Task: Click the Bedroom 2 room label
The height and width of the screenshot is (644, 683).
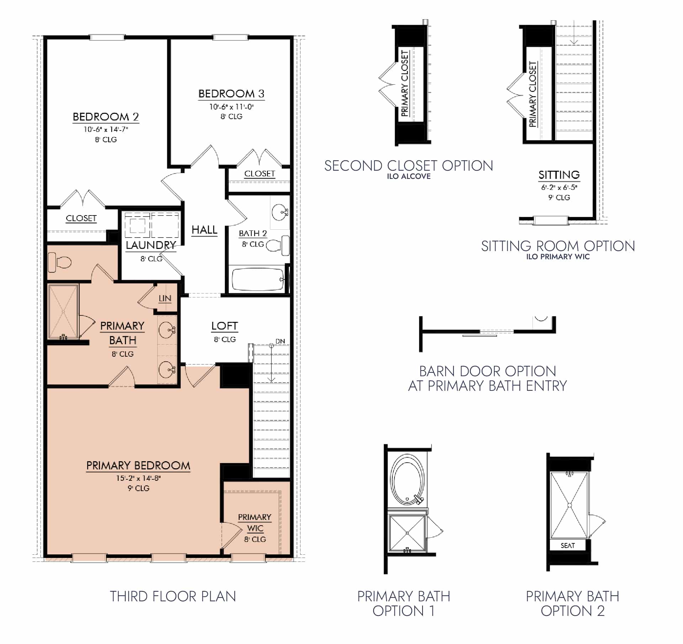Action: [x=106, y=117]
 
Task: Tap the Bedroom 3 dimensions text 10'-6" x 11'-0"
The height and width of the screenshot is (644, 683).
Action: [x=231, y=107]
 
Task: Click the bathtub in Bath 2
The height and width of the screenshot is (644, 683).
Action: [x=258, y=279]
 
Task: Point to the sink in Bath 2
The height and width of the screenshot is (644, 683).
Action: [x=279, y=213]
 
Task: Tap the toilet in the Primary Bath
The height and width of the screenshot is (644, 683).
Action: [x=60, y=262]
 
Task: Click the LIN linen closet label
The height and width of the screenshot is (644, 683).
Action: [x=165, y=298]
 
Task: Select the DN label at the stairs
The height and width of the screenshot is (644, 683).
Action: [x=280, y=341]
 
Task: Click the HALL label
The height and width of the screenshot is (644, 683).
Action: [x=204, y=230]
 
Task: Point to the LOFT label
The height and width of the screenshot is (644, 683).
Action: [x=224, y=326]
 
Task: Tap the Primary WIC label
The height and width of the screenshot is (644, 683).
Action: [x=255, y=522]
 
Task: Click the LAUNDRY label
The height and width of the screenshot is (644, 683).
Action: [x=151, y=245]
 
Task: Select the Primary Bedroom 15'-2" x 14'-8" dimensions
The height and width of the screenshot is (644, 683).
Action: [x=138, y=478]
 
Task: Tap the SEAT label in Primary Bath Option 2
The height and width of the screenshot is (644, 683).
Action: [x=567, y=545]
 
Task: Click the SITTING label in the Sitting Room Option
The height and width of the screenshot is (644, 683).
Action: [x=559, y=175]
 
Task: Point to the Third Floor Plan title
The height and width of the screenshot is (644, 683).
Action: [x=173, y=596]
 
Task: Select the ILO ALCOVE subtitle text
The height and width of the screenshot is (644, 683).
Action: [x=409, y=176]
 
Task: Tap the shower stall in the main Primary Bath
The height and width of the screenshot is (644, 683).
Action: [x=63, y=312]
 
